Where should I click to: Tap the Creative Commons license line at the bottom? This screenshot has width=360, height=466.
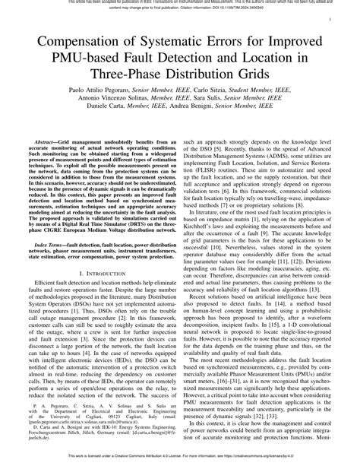[x=180, y=460]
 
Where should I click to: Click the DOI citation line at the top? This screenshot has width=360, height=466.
[x=180, y=11]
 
